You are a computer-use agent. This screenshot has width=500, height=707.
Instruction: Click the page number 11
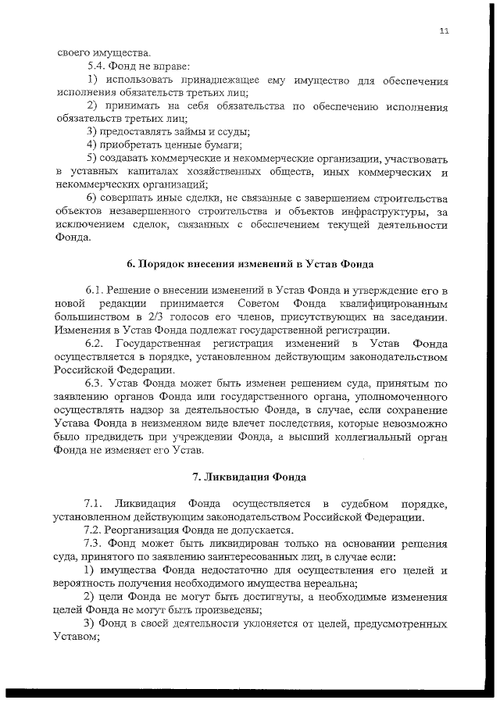click(444, 30)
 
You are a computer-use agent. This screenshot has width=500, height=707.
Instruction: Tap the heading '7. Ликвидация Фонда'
click(249, 476)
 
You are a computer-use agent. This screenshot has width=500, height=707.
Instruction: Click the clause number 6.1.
click(95, 290)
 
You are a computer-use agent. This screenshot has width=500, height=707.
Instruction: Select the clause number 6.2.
click(95, 343)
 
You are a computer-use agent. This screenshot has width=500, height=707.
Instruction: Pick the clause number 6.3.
click(95, 383)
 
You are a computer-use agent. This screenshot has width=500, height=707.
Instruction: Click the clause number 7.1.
click(95, 502)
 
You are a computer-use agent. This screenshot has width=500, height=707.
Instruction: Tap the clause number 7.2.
click(95, 529)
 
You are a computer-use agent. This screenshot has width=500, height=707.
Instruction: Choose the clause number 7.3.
click(95, 542)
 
